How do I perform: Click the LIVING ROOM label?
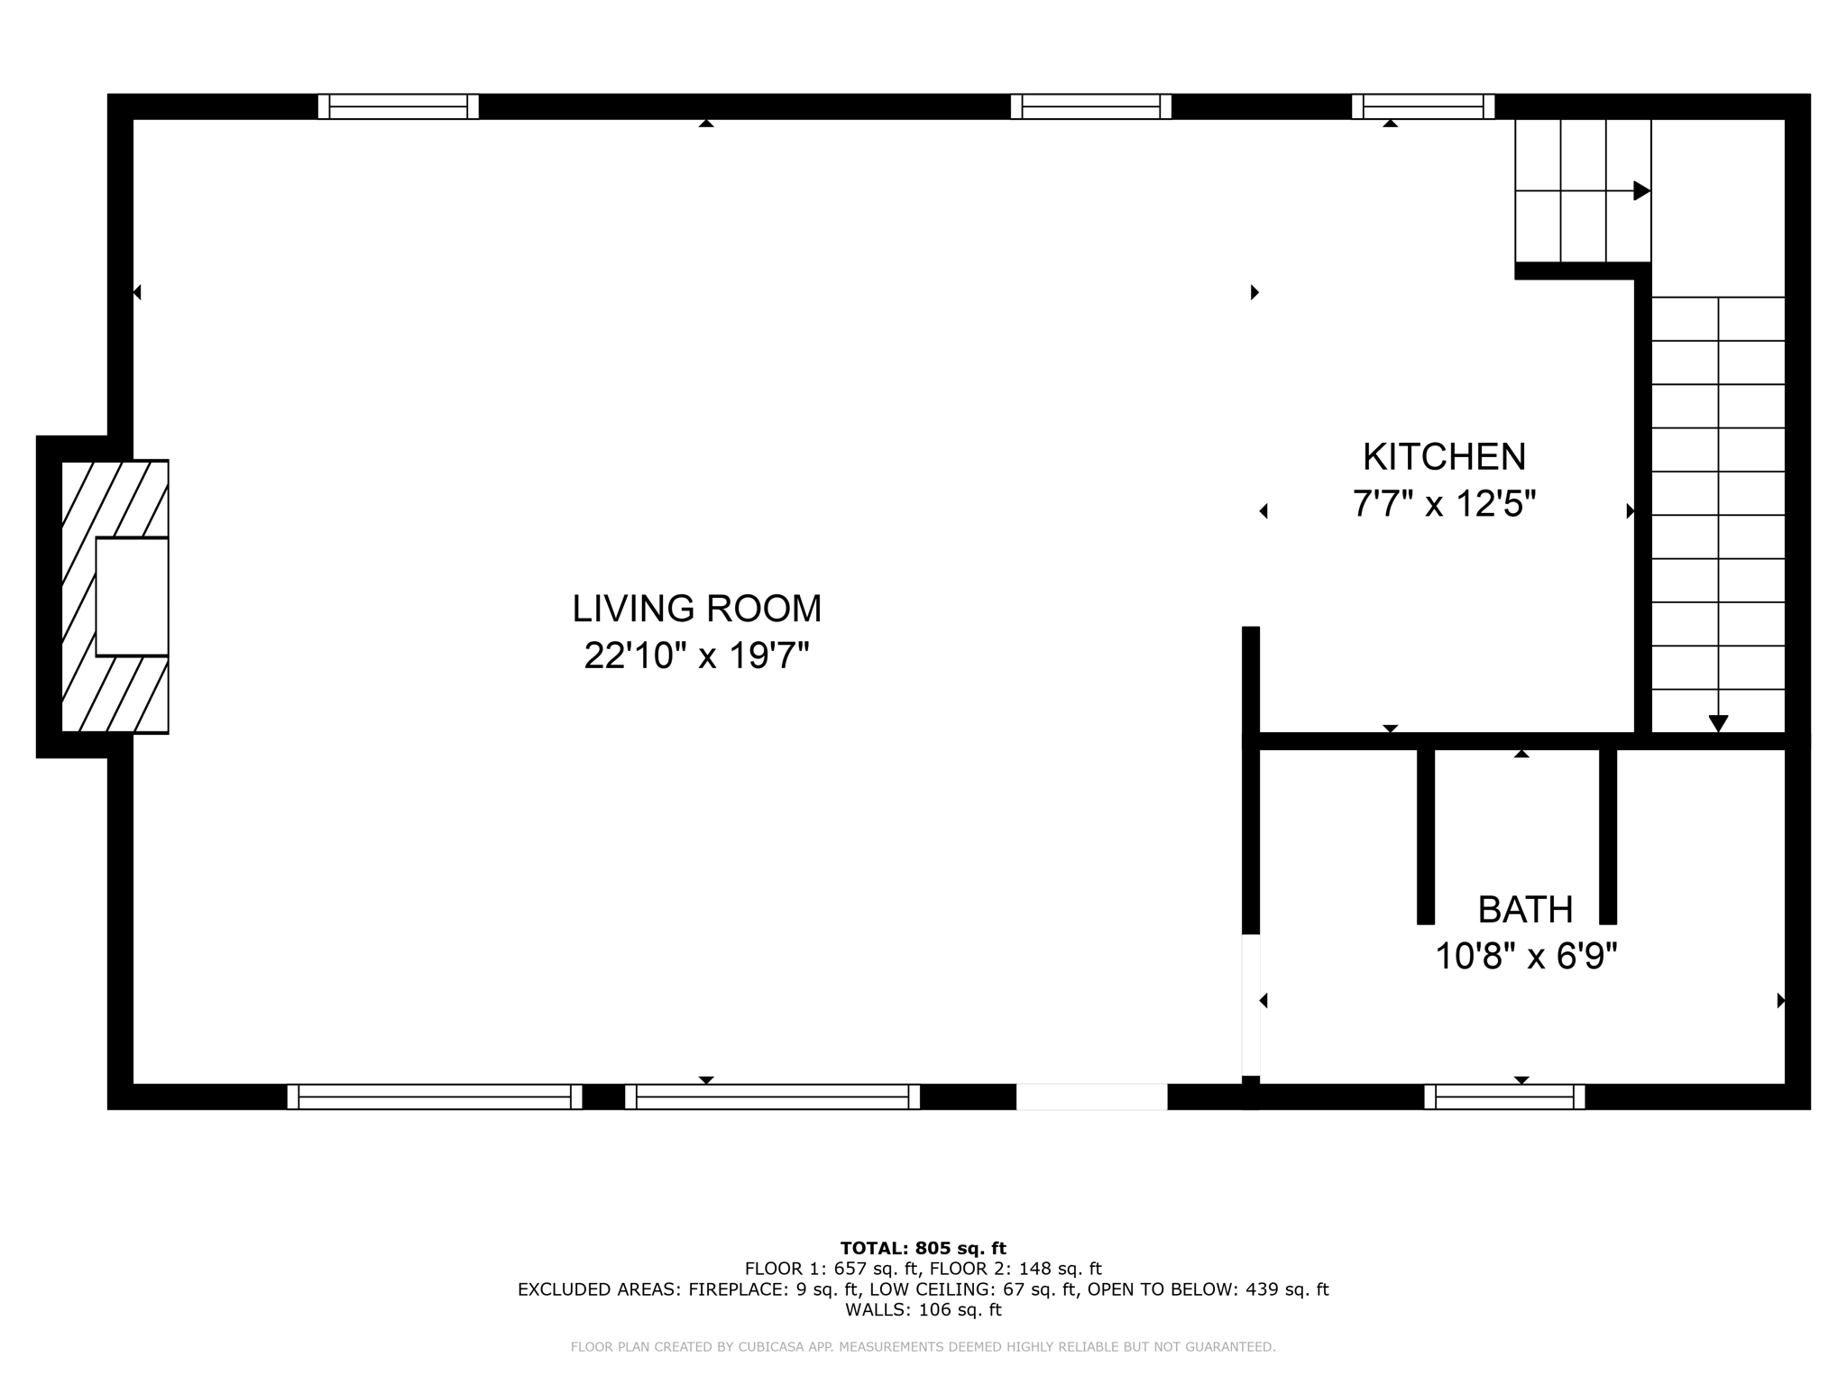(x=697, y=609)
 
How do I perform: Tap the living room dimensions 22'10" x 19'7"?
(x=696, y=656)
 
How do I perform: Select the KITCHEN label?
(x=1444, y=457)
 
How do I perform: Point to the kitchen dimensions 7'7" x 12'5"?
(x=1444, y=503)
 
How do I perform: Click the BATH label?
(x=1525, y=910)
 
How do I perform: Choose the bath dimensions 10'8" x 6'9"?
(x=1526, y=956)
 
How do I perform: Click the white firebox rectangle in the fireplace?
(x=132, y=597)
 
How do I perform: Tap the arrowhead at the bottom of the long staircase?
(x=1718, y=723)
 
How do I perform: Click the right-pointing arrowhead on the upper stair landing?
(x=1641, y=191)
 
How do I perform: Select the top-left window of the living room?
(x=398, y=106)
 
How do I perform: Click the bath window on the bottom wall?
(x=1504, y=1096)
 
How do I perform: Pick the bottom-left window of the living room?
(x=434, y=1096)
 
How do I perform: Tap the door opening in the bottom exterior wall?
(x=1091, y=1096)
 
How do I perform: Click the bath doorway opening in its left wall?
(x=1251, y=1004)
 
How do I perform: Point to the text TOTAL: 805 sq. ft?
(x=923, y=1249)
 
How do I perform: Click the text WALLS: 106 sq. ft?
(x=923, y=1310)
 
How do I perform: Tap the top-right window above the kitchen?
(x=1422, y=106)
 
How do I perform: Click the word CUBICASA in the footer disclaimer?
(x=773, y=1347)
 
